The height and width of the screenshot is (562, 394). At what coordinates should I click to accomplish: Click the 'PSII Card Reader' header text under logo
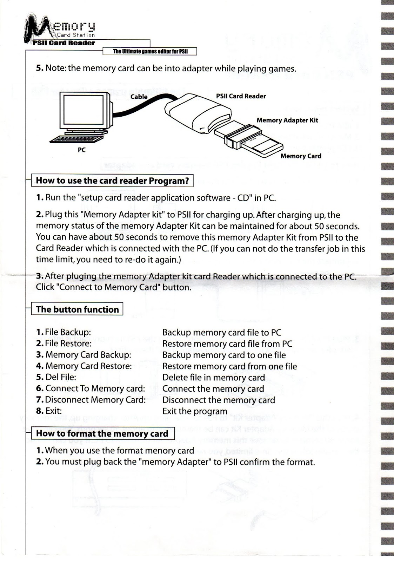coord(64,43)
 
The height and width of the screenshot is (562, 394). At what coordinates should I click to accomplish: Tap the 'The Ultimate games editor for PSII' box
coord(150,52)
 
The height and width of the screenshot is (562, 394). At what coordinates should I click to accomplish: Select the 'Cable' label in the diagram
coord(139,97)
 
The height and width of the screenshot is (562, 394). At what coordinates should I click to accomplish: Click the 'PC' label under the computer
coord(82,150)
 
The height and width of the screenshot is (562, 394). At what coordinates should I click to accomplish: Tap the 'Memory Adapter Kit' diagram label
coord(287,120)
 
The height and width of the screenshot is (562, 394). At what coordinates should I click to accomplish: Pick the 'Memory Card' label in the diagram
coord(301,156)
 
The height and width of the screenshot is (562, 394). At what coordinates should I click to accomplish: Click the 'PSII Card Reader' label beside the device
coord(241,96)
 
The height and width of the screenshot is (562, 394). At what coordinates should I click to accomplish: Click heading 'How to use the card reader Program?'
coord(112,181)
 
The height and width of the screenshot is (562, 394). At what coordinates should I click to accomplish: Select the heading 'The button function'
coord(77,309)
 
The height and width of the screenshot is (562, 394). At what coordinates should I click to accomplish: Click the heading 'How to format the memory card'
coord(102,433)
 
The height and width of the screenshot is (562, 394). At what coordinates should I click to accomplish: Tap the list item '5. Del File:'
coord(56,377)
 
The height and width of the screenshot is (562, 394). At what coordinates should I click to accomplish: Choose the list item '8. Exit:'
coord(49,411)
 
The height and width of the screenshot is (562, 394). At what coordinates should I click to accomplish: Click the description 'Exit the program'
coord(195,411)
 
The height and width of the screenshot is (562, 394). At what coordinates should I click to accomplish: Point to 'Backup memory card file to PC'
coord(222,333)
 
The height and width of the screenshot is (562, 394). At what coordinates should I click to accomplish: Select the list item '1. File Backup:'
coord(64,332)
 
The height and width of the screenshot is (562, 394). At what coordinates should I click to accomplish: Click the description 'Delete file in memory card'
coord(213,378)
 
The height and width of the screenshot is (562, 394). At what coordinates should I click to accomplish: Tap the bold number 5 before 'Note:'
coord(40,68)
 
